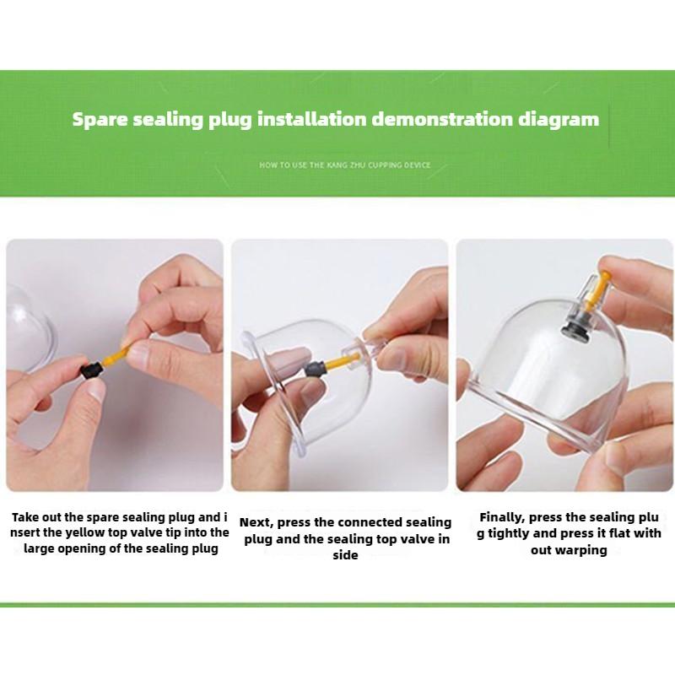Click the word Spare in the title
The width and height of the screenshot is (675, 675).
click(100, 120)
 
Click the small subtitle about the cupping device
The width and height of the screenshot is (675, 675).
click(345, 165)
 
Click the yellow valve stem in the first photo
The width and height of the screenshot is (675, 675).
click(116, 357)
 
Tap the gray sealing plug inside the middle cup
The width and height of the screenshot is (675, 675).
click(314, 370)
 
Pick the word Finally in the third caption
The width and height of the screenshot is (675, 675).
click(502, 517)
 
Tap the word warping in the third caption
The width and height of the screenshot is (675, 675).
click(580, 551)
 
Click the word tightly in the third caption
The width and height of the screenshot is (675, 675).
click(510, 534)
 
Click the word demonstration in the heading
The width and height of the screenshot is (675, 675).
click(442, 119)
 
